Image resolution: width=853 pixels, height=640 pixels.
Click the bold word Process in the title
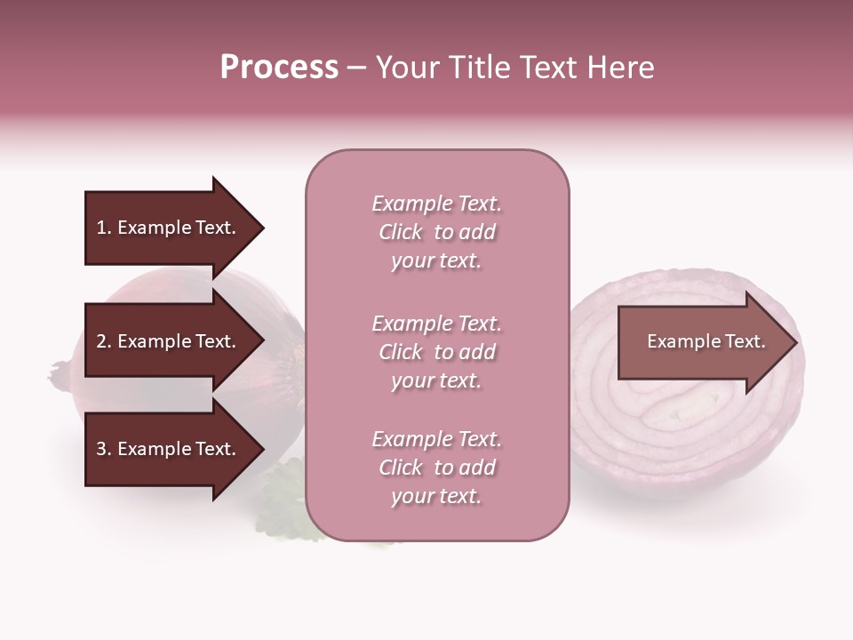pos(279,68)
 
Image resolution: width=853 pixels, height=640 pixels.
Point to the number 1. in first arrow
pos(103,228)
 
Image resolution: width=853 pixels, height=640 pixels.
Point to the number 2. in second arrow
pos(103,341)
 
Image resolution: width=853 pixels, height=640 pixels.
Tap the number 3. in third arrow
pos(103,449)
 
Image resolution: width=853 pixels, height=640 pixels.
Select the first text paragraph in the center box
pos(436,232)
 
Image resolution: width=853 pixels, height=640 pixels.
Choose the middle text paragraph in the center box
pos(436,352)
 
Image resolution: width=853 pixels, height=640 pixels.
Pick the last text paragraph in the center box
pos(436,468)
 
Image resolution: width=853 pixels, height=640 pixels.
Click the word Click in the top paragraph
pos(401,232)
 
